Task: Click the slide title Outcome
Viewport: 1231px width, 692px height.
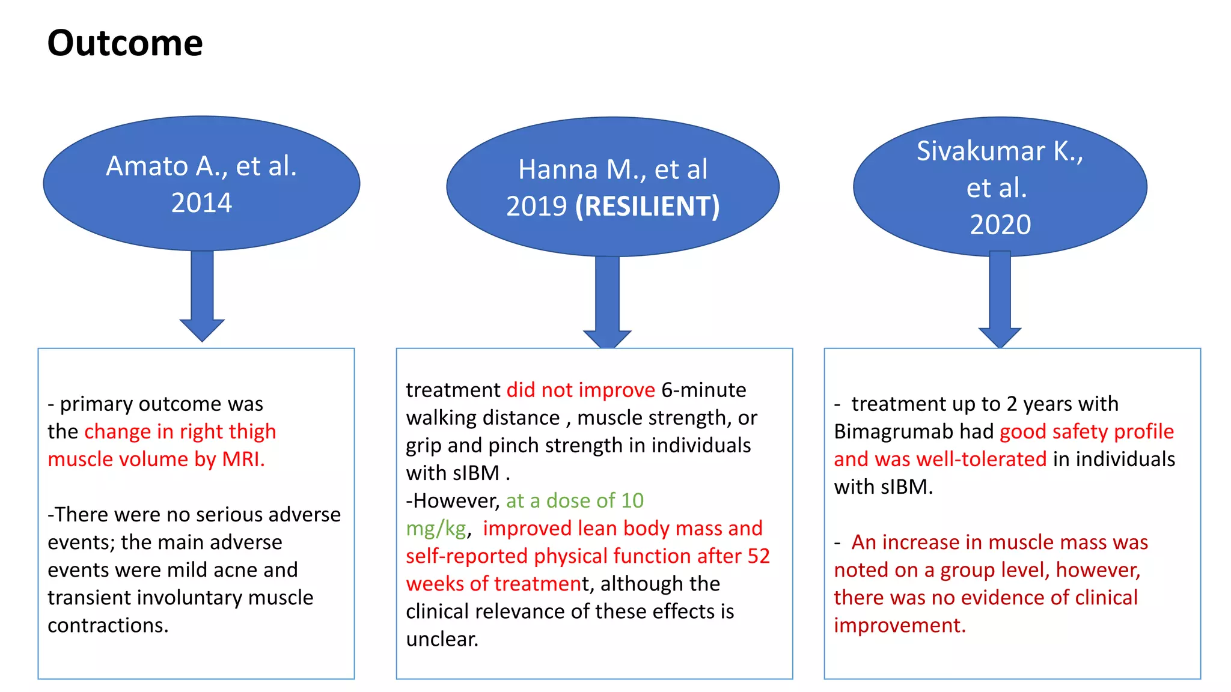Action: pos(125,43)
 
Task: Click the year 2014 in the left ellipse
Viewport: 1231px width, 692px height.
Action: pos(201,203)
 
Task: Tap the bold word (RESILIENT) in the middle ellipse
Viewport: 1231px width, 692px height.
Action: pos(647,207)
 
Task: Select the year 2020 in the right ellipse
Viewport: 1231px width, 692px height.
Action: pos(1000,225)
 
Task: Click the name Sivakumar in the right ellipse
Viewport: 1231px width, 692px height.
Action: pos(980,151)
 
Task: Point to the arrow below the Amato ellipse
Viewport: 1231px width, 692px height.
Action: pos(202,294)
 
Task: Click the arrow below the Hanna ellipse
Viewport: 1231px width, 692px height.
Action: pos(607,300)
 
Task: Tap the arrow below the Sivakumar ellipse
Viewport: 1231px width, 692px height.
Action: pos(1000,297)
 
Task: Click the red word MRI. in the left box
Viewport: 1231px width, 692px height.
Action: pos(243,459)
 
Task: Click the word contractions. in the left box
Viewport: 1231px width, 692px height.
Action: pos(108,625)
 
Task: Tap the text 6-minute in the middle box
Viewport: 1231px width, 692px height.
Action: pos(703,390)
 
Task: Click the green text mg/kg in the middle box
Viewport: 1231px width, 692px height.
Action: pos(436,529)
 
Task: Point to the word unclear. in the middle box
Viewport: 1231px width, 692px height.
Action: pos(442,639)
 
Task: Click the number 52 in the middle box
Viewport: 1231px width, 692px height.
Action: pos(759,556)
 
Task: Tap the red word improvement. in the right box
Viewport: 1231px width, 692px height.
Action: pos(899,625)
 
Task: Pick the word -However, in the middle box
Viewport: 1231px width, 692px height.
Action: pos(453,500)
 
